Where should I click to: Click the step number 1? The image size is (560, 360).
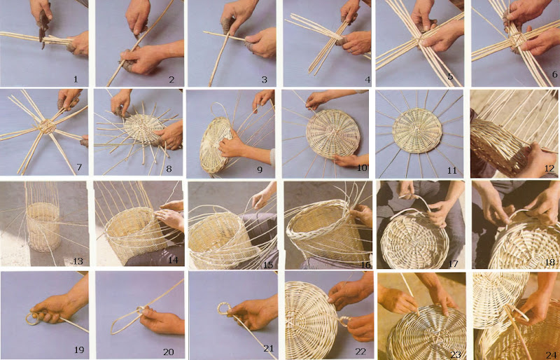click(x=76, y=79)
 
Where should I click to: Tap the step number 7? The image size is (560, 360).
click(x=79, y=167)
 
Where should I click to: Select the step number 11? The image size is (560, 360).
click(x=452, y=170)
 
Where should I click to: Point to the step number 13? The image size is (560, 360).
click(x=78, y=261)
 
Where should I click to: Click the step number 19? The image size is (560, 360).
click(x=80, y=349)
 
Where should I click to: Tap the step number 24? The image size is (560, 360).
click(x=551, y=354)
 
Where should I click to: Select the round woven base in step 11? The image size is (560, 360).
click(x=417, y=130)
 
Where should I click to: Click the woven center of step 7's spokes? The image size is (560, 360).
click(x=46, y=126)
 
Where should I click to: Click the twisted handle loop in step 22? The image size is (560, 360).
click(x=344, y=321)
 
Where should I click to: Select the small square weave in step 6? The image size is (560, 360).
click(x=517, y=39)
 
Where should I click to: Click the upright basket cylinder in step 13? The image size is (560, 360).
click(x=43, y=227)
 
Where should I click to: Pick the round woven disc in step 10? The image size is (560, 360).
click(x=333, y=134)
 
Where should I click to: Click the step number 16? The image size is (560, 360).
click(x=365, y=265)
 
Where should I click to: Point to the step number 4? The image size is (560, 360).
click(x=367, y=79)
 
